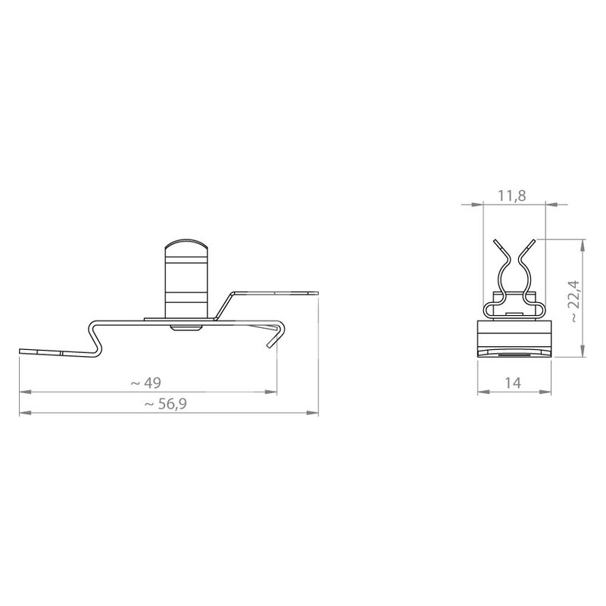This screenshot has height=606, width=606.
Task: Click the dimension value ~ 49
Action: (x=145, y=383)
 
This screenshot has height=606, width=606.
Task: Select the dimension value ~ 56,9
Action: (x=165, y=404)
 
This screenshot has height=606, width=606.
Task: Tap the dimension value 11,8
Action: (x=512, y=195)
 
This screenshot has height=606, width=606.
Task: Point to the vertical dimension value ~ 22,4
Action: (x=575, y=301)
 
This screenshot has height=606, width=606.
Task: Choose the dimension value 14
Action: (x=513, y=383)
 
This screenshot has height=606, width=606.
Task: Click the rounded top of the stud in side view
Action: (x=186, y=245)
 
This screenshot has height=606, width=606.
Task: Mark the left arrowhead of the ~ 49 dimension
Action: (x=25, y=392)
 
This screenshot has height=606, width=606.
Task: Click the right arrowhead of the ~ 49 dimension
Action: (x=271, y=392)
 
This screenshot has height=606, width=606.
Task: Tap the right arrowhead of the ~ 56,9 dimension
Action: (x=313, y=413)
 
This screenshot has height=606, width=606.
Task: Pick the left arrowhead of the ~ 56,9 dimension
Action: (x=25, y=413)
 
